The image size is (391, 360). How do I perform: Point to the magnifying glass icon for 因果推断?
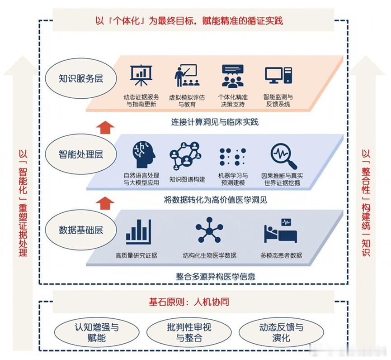pos(283,155)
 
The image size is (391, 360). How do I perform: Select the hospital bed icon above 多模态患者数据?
pos(281,231)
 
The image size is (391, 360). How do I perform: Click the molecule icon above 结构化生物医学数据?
pos(209,231)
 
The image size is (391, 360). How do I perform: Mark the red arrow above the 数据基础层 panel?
pos(105,202)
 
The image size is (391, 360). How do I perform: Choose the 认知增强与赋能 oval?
pos(96,332)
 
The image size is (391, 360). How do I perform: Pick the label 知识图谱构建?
pos(187,179)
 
